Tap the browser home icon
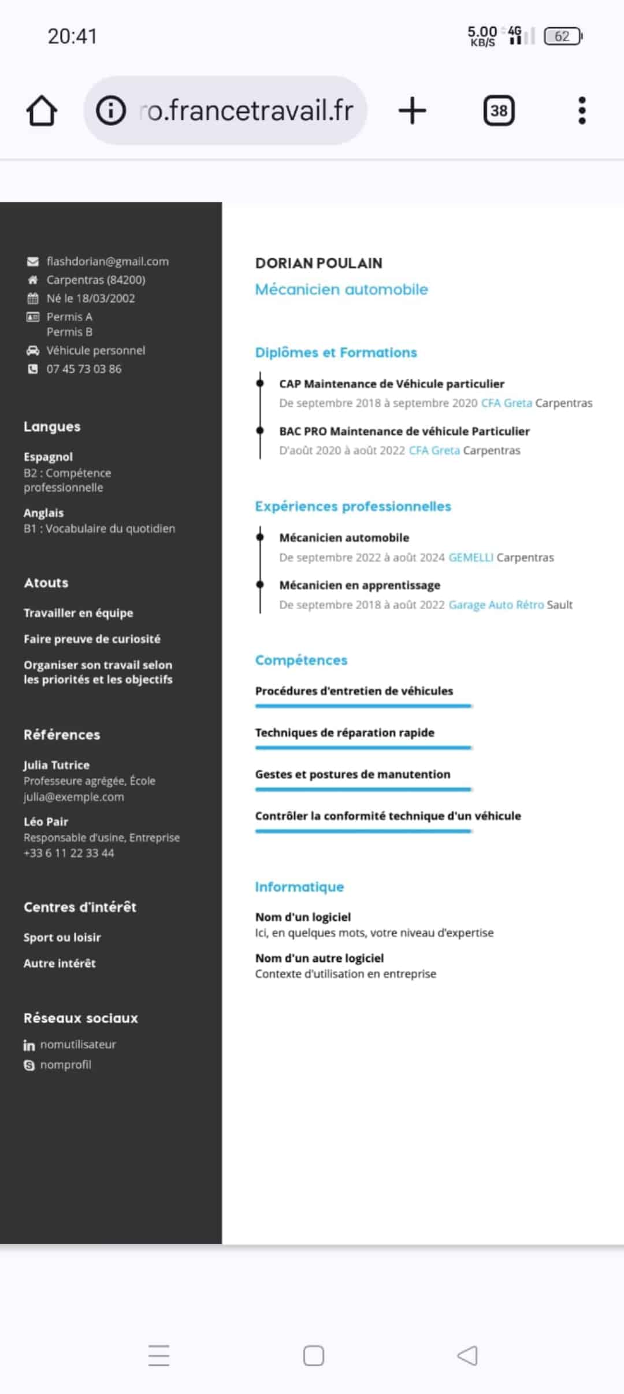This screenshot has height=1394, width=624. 42,110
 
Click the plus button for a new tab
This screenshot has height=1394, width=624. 412,110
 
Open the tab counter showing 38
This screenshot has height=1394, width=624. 499,110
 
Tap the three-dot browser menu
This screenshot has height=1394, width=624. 582,110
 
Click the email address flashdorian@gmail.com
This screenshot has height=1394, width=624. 107,261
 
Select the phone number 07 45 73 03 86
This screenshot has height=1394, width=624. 84,369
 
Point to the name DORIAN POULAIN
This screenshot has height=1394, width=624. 318,264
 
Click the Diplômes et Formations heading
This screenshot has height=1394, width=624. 336,353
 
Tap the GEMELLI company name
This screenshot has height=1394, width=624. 470,557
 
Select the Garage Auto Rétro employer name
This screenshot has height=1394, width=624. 496,605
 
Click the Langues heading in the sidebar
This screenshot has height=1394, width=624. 52,427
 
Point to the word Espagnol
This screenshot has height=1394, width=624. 48,457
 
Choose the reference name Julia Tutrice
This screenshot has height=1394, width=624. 57,765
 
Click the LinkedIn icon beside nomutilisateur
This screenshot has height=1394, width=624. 29,1045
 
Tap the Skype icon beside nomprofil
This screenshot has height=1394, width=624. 29,1065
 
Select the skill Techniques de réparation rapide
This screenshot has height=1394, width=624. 344,732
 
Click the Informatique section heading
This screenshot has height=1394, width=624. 299,887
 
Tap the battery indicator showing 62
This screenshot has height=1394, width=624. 563,36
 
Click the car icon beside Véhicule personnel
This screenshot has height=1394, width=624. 33,350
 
